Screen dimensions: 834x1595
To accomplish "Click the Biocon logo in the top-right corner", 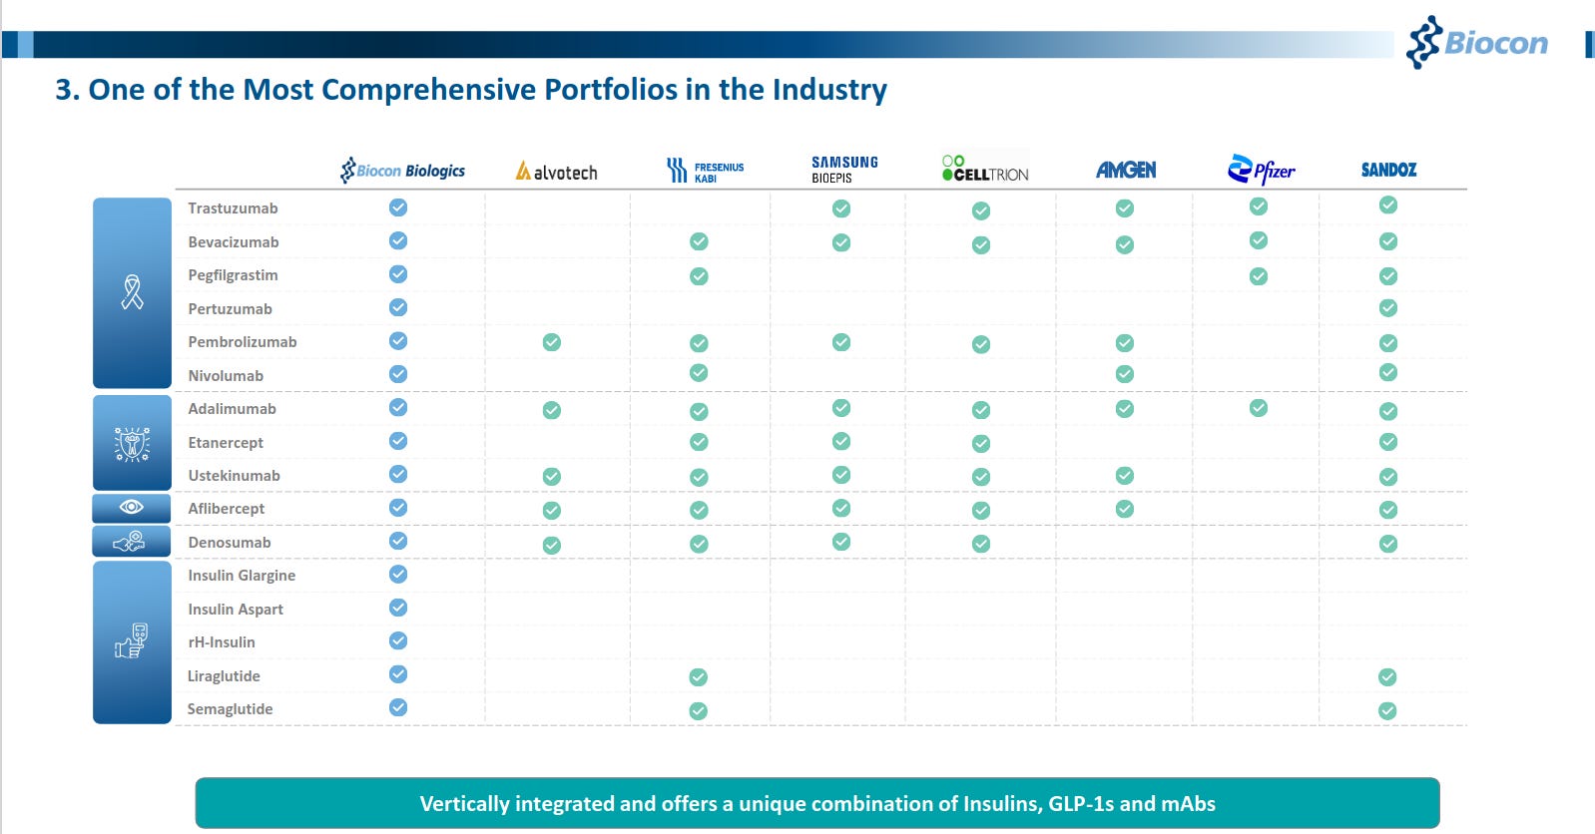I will [x=1477, y=42].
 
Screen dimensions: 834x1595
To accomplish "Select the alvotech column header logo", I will [x=556, y=172].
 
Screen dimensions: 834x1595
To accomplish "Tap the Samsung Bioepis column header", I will [x=843, y=169].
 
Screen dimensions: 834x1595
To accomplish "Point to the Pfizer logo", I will [x=1261, y=171].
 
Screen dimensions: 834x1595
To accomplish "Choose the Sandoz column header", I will [x=1388, y=170].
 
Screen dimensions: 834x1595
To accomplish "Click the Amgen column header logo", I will [x=1125, y=171].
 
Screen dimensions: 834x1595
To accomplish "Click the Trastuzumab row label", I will [x=233, y=208].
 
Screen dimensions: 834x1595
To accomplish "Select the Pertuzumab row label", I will [x=230, y=309].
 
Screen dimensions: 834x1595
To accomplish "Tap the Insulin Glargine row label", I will [x=242, y=576].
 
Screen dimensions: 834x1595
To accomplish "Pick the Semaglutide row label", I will [x=230, y=709].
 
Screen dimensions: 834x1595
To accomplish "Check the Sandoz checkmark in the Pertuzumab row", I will [x=1387, y=308].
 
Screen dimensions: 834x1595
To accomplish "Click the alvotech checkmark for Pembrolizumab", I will [x=551, y=342].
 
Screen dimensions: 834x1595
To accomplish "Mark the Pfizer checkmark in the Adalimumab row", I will [x=1259, y=408].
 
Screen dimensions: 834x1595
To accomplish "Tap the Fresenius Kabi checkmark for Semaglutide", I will [x=699, y=710].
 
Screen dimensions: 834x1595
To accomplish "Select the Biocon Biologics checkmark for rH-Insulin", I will [x=398, y=640].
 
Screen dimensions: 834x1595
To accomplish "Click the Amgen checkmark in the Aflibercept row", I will [x=1125, y=509].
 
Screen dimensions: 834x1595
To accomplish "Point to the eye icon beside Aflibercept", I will [x=132, y=508].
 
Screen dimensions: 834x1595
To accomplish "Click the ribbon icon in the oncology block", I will [x=132, y=292].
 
